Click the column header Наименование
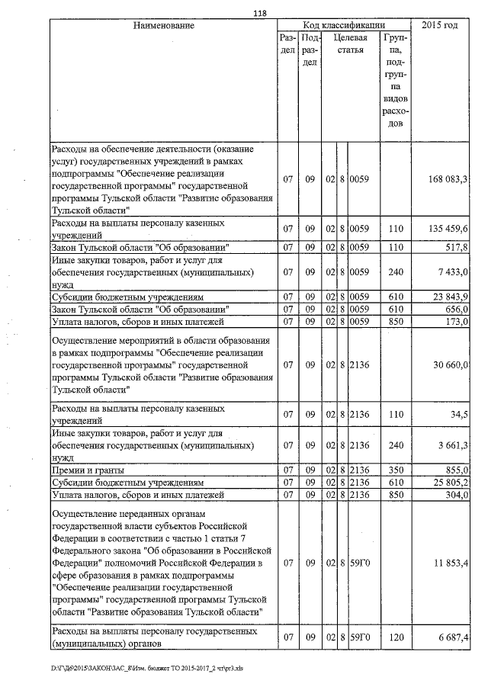pyautogui.click(x=163, y=26)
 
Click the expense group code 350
pyautogui.click(x=395, y=470)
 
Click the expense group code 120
pyautogui.click(x=395, y=636)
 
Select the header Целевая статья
pyautogui.click(x=352, y=44)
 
